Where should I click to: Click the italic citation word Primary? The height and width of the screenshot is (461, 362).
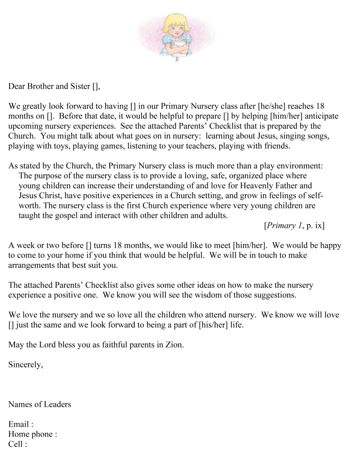282,226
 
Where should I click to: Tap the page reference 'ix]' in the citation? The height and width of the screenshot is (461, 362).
319,226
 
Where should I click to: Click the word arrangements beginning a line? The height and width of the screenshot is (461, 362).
32,265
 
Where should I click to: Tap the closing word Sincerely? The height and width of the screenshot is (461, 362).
25,365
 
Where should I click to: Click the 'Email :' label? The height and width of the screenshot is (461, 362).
20,424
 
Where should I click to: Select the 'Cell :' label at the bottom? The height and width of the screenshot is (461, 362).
18,444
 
